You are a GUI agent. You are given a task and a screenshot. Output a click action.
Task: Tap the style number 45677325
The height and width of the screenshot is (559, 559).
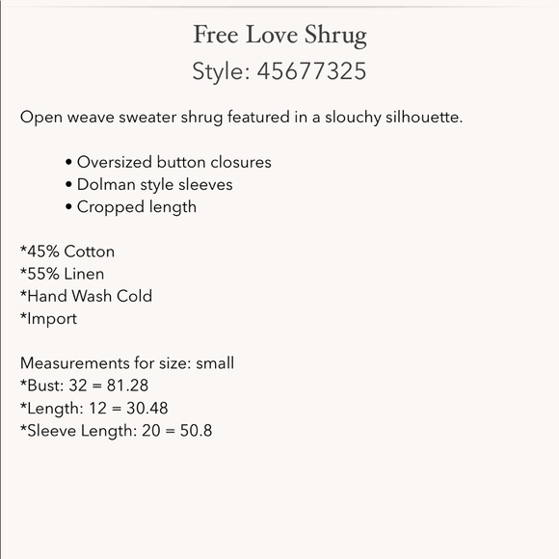pos(311,71)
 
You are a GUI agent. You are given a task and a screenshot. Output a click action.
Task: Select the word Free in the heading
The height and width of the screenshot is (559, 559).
pos(216,37)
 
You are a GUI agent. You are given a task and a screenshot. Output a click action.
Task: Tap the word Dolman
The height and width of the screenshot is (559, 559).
pos(106,184)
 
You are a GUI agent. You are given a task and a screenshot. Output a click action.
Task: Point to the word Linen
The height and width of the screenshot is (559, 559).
pos(85,274)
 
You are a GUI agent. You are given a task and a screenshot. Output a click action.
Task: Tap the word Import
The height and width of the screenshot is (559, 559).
pos(51,318)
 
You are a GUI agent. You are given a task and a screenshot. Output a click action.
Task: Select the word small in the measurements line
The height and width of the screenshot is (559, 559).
pos(215,363)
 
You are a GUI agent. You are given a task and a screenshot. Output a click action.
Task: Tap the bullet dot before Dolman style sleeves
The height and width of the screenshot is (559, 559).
pos(69,185)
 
